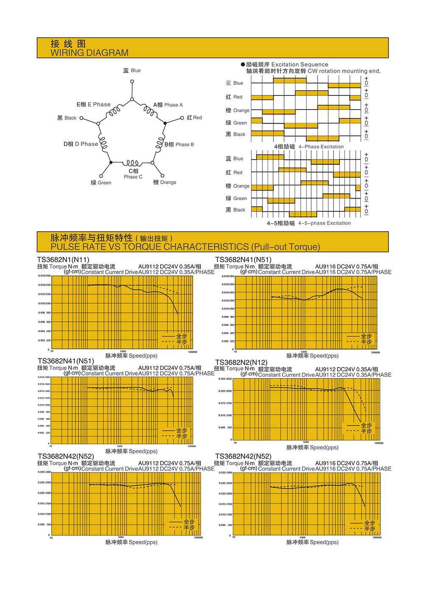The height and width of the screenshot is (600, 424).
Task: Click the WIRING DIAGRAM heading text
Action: point(89,53)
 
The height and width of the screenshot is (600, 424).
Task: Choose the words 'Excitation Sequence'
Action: point(300,64)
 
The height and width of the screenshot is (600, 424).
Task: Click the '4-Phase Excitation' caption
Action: point(321,147)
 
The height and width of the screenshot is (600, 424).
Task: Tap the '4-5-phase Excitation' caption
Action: point(324,223)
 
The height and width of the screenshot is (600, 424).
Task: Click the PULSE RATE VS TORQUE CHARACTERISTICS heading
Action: point(185,247)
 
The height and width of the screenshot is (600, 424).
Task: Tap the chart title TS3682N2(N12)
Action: point(241,362)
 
